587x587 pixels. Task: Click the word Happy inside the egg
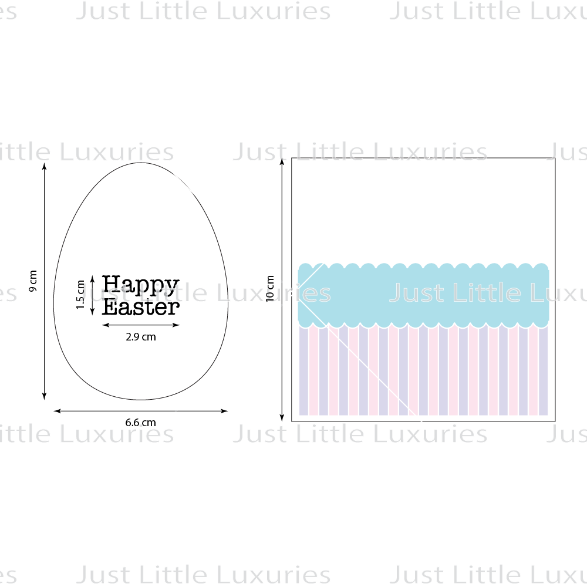(141, 285)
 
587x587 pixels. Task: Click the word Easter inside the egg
(141, 307)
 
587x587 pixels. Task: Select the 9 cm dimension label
(33, 281)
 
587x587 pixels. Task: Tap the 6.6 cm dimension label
(140, 423)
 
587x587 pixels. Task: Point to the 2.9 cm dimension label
(141, 337)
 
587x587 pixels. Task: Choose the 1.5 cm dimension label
(80, 295)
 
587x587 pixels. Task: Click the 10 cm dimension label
(270, 288)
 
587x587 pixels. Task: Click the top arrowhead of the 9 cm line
(44, 166)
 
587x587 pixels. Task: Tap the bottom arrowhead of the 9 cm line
(44, 396)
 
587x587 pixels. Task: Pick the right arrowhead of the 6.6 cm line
(224, 411)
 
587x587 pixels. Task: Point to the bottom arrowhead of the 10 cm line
(282, 417)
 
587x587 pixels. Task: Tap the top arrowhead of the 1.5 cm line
(93, 279)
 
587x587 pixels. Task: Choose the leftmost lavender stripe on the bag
(303, 370)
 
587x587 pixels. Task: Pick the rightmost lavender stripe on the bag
(543, 370)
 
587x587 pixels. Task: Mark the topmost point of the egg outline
(141, 163)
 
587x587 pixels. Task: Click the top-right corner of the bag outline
(555, 158)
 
